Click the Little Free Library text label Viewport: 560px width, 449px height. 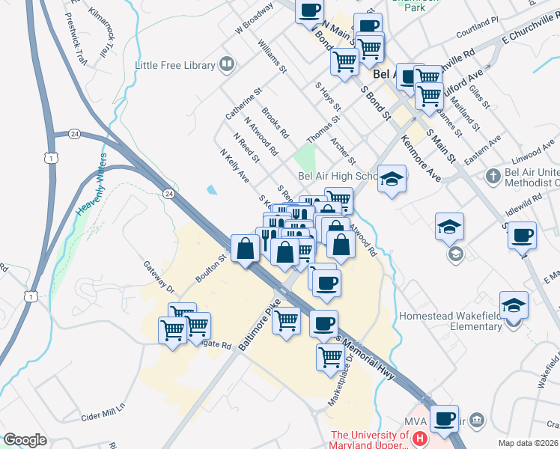coord(174,66)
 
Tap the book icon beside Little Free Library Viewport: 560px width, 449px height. coord(225,65)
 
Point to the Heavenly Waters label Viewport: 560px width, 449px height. coord(91,184)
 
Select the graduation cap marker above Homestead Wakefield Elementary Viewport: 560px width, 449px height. coord(514,305)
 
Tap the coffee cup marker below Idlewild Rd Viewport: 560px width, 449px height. coord(522,235)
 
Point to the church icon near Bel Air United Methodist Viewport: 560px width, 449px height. coord(493,177)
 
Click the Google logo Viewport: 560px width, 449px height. coord(25,439)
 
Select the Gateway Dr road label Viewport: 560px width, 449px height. coord(159,279)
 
